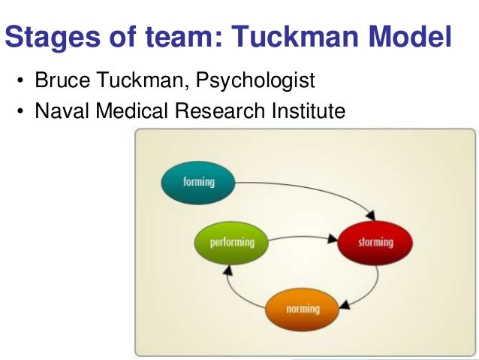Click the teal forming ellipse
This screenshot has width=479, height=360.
(x=198, y=182)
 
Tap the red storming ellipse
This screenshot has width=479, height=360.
(x=375, y=243)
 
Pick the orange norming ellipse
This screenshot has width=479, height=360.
(x=303, y=308)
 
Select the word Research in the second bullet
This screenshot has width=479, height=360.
(x=218, y=112)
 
